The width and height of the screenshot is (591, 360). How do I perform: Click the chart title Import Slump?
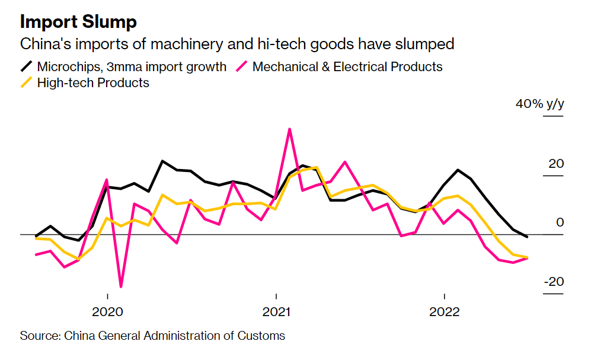pos(78,22)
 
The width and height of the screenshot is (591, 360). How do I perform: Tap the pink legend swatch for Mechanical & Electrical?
pos(242,66)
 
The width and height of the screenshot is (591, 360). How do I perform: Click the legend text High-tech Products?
pos(93,82)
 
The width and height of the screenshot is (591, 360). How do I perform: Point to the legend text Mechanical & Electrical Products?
pos(347,66)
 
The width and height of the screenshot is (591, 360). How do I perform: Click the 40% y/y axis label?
pos(539,104)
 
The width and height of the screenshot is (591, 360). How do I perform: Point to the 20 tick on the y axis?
pos(555,164)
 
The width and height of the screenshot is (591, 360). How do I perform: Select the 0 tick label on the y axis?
pos(560,222)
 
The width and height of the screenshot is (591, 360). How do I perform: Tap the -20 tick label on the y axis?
pos(553,282)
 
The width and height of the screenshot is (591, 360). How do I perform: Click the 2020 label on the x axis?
pos(107,312)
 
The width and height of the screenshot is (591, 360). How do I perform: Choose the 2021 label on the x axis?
pos(276,312)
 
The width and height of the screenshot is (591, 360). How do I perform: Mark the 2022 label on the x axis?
pos(444,312)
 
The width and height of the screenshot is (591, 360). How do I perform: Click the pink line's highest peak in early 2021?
pos(289,129)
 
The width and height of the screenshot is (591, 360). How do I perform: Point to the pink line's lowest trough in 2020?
pos(122,286)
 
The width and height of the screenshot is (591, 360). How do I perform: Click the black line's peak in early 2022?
pos(458,170)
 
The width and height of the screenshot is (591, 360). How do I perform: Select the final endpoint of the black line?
pos(528,237)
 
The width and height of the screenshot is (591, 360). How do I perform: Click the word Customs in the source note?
pos(263,336)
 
